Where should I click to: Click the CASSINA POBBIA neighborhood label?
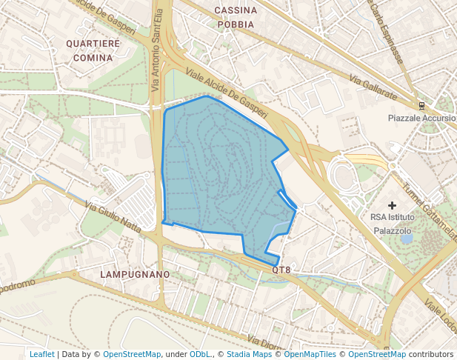coord(236,17)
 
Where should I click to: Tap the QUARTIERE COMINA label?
coord(93,50)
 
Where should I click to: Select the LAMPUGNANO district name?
coord(135,274)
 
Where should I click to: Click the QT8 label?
coord(281,270)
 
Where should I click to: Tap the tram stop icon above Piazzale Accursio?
coord(421,105)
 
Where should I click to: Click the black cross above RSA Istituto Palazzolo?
coord(392,204)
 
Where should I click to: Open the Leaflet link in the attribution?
coord(41,354)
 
